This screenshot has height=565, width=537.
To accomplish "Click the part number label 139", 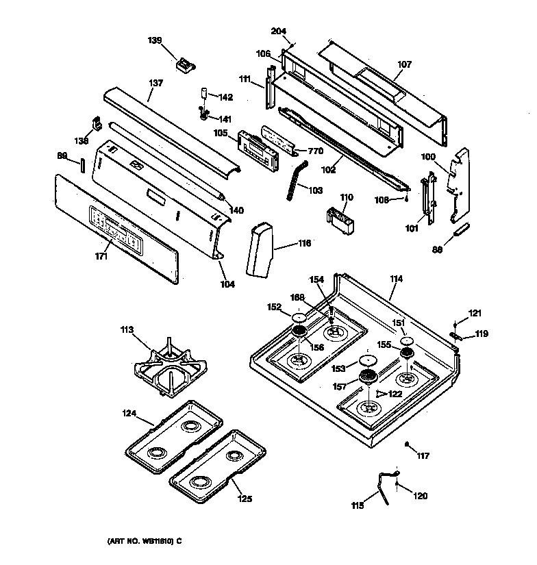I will click(155, 40).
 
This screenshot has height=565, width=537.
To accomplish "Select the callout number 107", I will click(405, 65).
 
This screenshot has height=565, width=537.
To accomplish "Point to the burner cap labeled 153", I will click(368, 362).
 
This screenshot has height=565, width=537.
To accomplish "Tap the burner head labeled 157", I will click(369, 377).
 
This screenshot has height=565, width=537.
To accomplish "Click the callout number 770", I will click(314, 151).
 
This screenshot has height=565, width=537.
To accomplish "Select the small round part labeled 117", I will click(408, 446).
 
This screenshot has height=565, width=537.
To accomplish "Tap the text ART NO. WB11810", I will click(144, 541).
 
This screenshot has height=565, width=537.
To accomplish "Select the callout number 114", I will click(396, 279).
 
